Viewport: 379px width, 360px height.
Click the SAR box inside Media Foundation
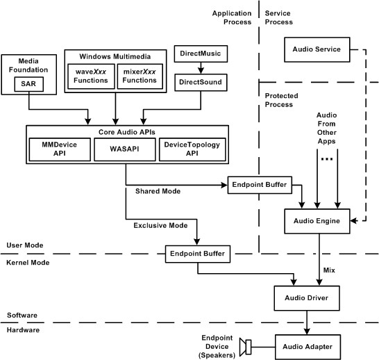pos(28,84)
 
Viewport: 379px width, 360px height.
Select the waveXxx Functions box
pos(91,76)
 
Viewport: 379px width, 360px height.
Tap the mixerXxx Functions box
pos(140,76)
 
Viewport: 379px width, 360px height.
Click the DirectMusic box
pos(201,54)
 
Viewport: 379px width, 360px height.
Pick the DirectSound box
pos(201,83)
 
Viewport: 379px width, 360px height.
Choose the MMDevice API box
pos(60,149)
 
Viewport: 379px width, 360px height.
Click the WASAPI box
pos(125,149)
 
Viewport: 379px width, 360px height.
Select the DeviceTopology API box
pos(192,149)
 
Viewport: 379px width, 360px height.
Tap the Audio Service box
pos(317,49)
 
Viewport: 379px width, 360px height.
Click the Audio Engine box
pos(317,221)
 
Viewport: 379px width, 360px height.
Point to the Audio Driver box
pos(307,298)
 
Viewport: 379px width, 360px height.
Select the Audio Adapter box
pos(308,347)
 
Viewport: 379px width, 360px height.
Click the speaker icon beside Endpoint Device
pos(245,347)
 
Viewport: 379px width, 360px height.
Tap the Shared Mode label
pos(158,191)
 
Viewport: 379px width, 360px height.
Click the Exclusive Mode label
pos(160,225)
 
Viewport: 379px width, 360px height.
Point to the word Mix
pos(329,270)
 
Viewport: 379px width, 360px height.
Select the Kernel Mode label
pos(28,263)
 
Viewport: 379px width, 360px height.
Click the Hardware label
pos(23,330)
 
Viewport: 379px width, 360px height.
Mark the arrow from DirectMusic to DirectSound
pos(201,68)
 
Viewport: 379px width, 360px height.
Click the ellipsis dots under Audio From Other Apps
pos(327,159)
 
